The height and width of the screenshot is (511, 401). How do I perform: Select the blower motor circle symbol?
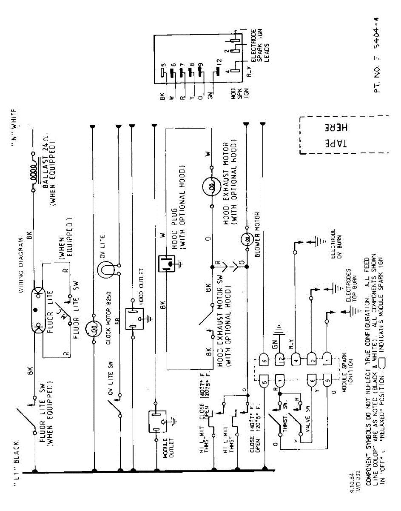tap(246, 239)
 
